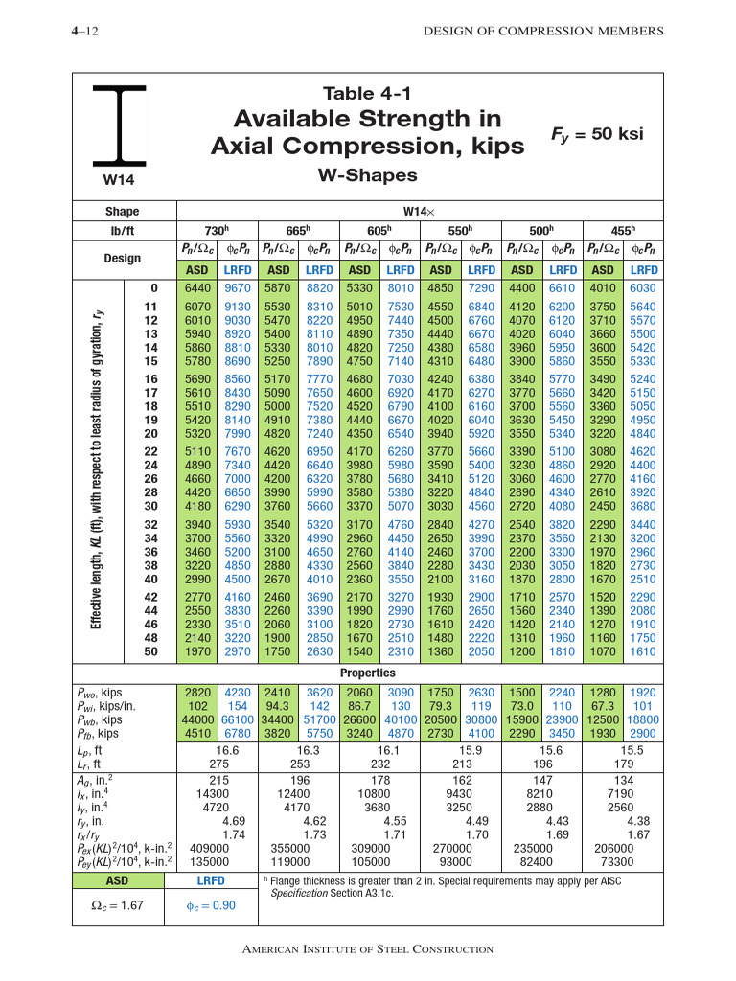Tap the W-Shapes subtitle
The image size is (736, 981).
367,175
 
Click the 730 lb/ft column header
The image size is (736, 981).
218,231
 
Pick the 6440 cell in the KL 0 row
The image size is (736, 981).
196,287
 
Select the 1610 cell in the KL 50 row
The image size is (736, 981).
642,651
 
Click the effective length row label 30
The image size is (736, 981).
150,506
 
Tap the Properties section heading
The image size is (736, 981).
368,673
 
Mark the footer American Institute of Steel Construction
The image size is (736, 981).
368,948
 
